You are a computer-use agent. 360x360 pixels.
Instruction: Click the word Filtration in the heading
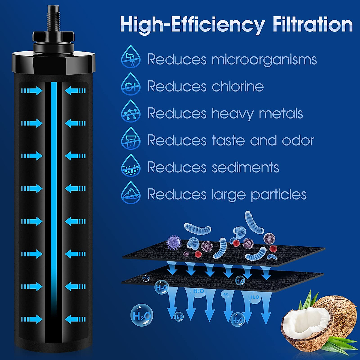pyautogui.click(x=312, y=25)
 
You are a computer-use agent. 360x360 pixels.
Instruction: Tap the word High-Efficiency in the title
pyautogui.click(x=192, y=25)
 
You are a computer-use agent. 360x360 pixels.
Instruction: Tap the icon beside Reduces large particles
pyautogui.click(x=131, y=193)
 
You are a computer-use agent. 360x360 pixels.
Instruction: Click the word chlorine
pyautogui.click(x=238, y=86)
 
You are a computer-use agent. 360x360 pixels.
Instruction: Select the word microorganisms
pyautogui.click(x=264, y=59)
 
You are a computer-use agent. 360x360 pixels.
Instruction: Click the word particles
pyautogui.click(x=279, y=194)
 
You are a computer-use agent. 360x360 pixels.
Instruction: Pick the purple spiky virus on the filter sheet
pyautogui.click(x=173, y=242)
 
